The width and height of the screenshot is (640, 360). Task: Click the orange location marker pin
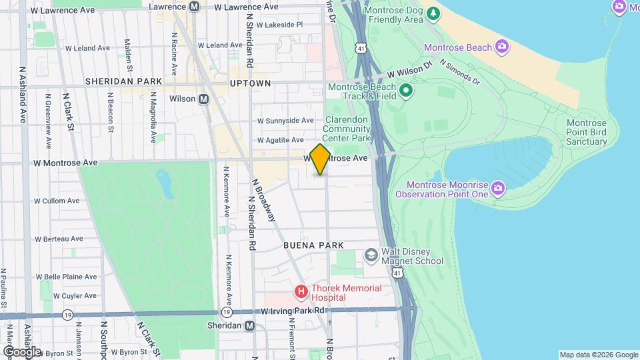(x=320, y=159)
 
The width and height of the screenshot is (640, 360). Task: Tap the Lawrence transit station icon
(x=195, y=7)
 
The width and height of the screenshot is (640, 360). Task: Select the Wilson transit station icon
(x=204, y=99)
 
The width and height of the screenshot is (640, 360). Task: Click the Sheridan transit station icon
(x=249, y=326)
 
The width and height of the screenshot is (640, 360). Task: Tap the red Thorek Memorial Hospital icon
(x=301, y=291)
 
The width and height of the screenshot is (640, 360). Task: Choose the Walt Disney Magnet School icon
(x=370, y=256)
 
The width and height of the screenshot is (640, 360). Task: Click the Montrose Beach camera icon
(x=502, y=47)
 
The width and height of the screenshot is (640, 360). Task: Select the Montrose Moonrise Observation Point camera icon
(x=497, y=189)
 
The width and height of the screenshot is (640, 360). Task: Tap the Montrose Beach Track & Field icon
(x=405, y=89)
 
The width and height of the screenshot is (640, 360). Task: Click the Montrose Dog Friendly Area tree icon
(x=434, y=13)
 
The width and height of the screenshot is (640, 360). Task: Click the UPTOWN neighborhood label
(x=250, y=83)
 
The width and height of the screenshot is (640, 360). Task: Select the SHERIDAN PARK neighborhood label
(x=123, y=81)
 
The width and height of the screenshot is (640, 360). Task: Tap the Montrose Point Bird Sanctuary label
(x=586, y=132)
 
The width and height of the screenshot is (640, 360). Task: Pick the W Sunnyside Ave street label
(x=285, y=121)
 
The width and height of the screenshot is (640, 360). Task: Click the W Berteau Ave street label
(x=59, y=238)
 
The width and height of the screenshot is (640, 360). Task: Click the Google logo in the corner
(x=21, y=351)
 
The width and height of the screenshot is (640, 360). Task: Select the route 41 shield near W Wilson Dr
(x=361, y=49)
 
